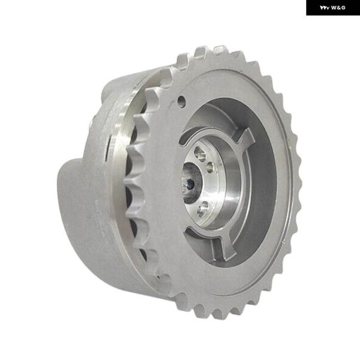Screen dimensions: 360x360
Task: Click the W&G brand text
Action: click(x=338, y=8)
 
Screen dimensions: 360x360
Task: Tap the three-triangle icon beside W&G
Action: click(x=325, y=8)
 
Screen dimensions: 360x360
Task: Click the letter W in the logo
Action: click(x=334, y=8)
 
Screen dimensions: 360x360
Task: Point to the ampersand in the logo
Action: click(x=338, y=8)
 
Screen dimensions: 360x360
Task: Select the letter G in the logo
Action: click(x=343, y=8)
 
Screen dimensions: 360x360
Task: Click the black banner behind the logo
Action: click(x=333, y=8)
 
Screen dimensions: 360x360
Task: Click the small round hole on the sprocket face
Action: click(x=182, y=101)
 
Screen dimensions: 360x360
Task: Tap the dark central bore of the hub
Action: click(x=190, y=184)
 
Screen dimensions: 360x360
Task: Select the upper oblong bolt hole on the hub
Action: click(x=200, y=154)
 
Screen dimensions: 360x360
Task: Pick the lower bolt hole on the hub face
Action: click(x=203, y=209)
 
